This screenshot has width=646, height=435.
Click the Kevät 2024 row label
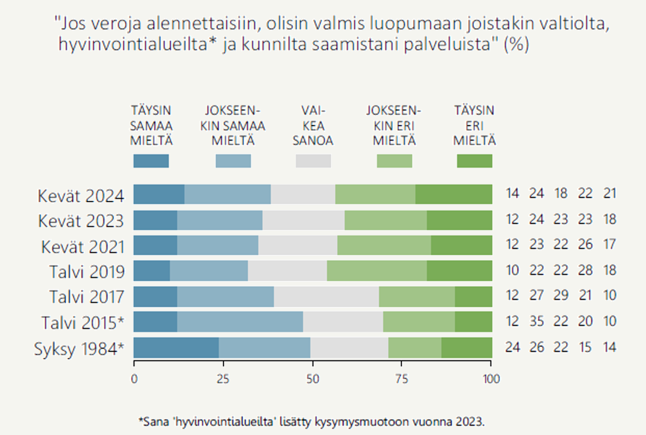pos(81,196)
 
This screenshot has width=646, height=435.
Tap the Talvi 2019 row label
pos(87,272)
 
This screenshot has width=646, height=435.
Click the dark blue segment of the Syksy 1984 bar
pos(176,348)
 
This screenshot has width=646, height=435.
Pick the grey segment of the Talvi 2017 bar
pos(326,297)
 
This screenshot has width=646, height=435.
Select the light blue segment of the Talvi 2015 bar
pos(240,322)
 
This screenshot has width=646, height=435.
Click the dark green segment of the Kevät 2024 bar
pos(454,194)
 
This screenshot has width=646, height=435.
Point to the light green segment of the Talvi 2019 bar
pos(377,271)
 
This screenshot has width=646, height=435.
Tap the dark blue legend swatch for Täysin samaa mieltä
pos(151,161)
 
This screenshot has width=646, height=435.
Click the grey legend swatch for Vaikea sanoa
pos(313,161)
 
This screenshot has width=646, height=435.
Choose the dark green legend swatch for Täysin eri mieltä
pos(474,161)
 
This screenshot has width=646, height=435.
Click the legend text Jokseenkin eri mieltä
pos(394,126)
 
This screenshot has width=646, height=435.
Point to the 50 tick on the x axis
pos(313,379)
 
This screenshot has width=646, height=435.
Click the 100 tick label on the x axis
pos(491,379)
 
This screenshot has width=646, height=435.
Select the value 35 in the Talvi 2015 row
pos(537,321)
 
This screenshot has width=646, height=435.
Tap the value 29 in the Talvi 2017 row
pos(561,295)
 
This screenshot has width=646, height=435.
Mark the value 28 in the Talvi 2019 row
pos(585,270)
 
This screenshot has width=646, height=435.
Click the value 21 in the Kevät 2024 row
pos(610,193)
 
